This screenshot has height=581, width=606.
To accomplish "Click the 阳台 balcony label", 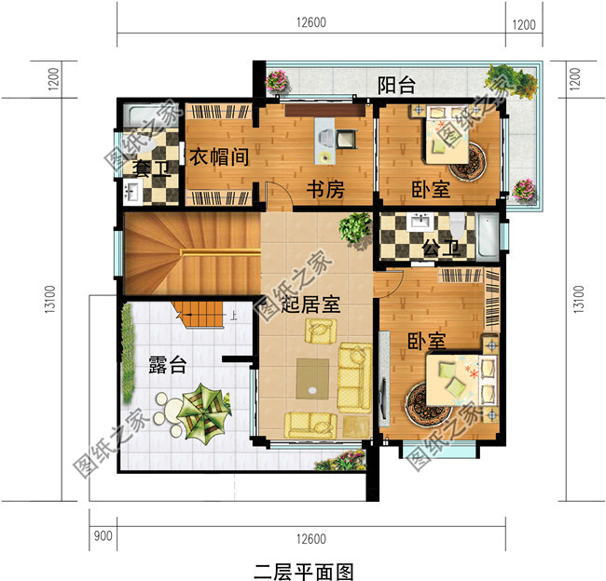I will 397,87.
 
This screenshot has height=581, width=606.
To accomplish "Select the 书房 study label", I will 326,190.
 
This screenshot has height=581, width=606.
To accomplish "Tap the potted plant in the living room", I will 355,227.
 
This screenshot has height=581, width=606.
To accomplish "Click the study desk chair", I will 345,138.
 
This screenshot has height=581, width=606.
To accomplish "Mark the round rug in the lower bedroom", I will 428,407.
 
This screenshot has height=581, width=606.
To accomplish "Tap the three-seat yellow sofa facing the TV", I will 354,377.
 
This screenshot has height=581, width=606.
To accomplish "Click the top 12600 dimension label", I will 312,23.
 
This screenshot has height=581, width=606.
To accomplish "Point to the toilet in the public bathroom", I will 457,227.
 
